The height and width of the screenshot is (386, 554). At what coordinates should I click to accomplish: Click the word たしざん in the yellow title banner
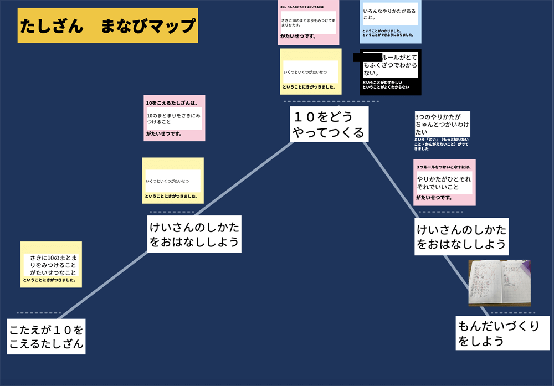tap(52, 25)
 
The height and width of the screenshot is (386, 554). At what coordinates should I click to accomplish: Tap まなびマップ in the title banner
tap(148, 25)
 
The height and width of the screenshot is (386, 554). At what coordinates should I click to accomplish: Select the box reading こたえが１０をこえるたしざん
tap(47, 337)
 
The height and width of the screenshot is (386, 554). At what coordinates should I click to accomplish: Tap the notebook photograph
tap(499, 283)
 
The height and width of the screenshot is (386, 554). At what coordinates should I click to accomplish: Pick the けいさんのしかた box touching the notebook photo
tap(461, 236)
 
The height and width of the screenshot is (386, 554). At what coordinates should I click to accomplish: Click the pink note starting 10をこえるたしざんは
tap(175, 118)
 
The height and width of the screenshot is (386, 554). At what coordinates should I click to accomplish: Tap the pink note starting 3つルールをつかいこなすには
tap(444, 182)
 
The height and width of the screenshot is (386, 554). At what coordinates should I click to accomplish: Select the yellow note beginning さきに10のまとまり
tap(51, 264)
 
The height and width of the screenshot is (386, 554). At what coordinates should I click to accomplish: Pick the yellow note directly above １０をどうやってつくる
tap(310, 71)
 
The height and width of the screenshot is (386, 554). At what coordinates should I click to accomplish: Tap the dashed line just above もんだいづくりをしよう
tap(512, 313)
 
